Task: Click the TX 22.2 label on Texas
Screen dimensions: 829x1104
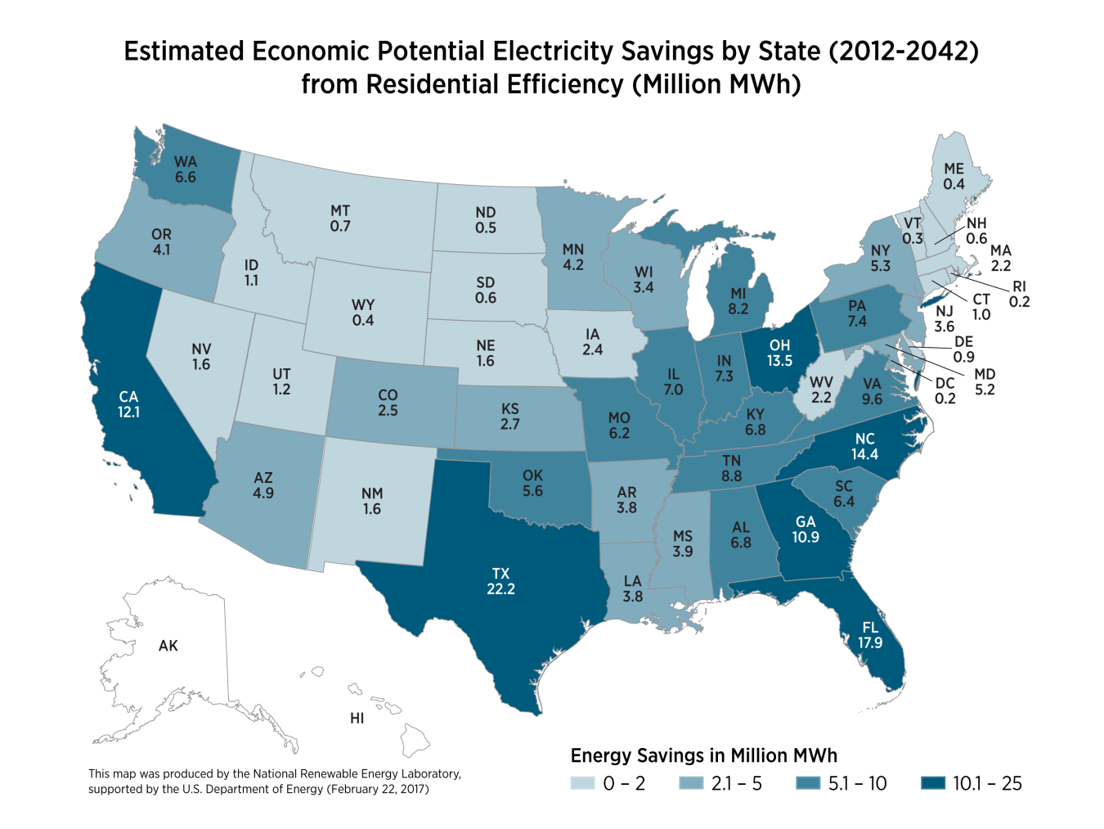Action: pos(500,581)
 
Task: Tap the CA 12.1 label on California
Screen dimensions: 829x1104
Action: pos(128,404)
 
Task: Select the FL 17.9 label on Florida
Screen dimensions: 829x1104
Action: pos(870,635)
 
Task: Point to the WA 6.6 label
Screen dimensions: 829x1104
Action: pos(186,169)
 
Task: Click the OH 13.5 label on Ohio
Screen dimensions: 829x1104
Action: pos(779,353)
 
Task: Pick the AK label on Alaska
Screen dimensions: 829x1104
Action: pos(168,646)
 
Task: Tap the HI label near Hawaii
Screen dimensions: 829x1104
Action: pos(357,719)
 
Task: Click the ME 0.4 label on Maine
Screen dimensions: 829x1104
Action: pos(954,176)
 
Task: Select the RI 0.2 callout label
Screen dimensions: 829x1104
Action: pos(1019,294)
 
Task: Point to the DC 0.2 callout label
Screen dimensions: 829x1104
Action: pos(945,390)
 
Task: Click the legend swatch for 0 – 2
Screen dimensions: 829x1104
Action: pos(582,783)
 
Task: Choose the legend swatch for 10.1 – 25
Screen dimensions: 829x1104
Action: pos(932,783)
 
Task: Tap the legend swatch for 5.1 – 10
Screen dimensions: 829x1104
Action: pos(808,783)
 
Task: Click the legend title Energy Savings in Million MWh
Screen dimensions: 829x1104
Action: pos(703,755)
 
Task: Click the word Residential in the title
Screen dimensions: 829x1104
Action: pos(431,84)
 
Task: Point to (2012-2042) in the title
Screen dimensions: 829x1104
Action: pos(903,51)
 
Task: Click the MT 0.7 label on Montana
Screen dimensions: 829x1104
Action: pos(340,218)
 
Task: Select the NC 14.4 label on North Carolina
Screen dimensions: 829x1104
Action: pos(864,446)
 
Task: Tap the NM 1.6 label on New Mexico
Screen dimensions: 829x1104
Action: pos(372,501)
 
